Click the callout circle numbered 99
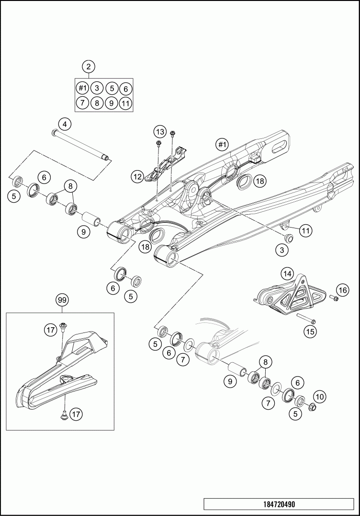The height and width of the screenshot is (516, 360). point(62,300)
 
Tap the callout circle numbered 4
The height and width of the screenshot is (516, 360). point(65,124)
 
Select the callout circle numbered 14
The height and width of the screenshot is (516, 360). point(287,274)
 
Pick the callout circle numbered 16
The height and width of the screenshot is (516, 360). point(342,290)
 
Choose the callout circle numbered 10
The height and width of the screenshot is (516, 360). point(319,396)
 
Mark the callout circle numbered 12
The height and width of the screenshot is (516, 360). point(138,177)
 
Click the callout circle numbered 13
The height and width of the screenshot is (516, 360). point(159,131)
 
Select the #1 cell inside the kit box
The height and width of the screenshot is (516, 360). point(83,88)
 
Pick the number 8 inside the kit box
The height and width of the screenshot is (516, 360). point(97,103)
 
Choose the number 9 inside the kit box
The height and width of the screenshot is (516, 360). point(111,103)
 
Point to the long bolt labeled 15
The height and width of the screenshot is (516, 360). point(303,319)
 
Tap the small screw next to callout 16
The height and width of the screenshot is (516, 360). point(334,299)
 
